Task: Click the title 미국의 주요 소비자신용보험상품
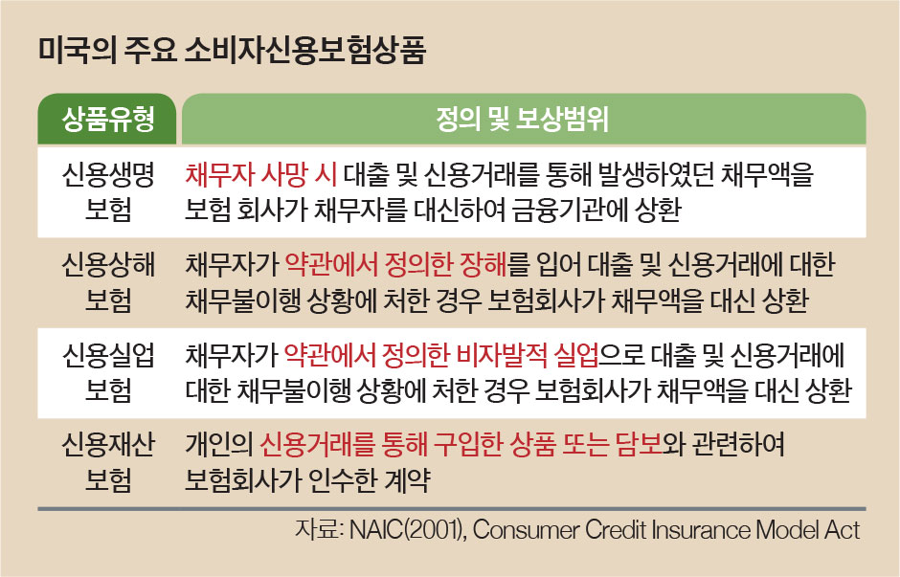pos(233,51)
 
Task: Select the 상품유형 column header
pos(107,119)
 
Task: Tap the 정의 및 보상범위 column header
pos(524,119)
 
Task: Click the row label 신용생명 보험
pos(108,191)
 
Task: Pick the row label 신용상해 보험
pos(108,282)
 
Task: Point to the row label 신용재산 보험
pos(108,462)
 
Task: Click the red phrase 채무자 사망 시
pos(260,174)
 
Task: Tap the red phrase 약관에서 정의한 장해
pos(396,265)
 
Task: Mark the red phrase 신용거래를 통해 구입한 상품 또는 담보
pos(461,445)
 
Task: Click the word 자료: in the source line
pos(319,529)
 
